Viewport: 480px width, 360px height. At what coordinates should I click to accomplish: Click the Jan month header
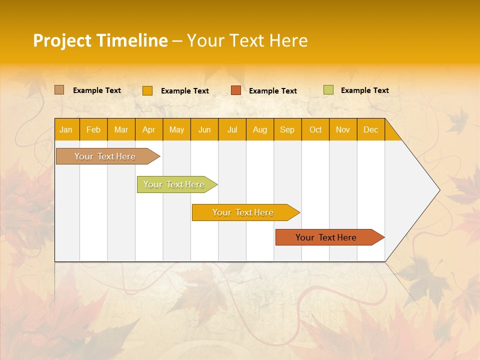click(66, 129)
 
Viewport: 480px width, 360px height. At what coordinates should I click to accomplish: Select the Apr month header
click(148, 129)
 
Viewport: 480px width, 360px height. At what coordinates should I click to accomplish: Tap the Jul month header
click(232, 129)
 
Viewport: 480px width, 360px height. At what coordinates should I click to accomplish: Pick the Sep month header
click(287, 129)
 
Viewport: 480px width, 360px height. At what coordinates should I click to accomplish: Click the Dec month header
click(370, 129)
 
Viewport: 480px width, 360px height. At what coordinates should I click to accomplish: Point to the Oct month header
click(315, 129)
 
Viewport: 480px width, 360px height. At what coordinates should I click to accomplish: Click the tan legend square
click(59, 90)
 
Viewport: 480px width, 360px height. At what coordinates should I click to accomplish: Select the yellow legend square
click(147, 90)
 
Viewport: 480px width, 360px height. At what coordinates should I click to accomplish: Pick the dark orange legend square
click(235, 90)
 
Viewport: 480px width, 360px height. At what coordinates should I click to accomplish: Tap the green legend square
click(328, 90)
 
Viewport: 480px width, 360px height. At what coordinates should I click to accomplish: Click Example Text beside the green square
click(364, 90)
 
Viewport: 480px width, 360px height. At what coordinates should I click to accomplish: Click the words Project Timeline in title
click(100, 40)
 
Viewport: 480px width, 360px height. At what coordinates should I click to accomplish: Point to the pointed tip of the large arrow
click(438, 190)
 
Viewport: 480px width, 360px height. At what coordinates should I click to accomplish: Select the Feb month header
click(93, 129)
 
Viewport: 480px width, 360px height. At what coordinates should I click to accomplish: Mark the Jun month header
click(204, 129)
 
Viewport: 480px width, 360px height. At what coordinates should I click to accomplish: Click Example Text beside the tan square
click(96, 90)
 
